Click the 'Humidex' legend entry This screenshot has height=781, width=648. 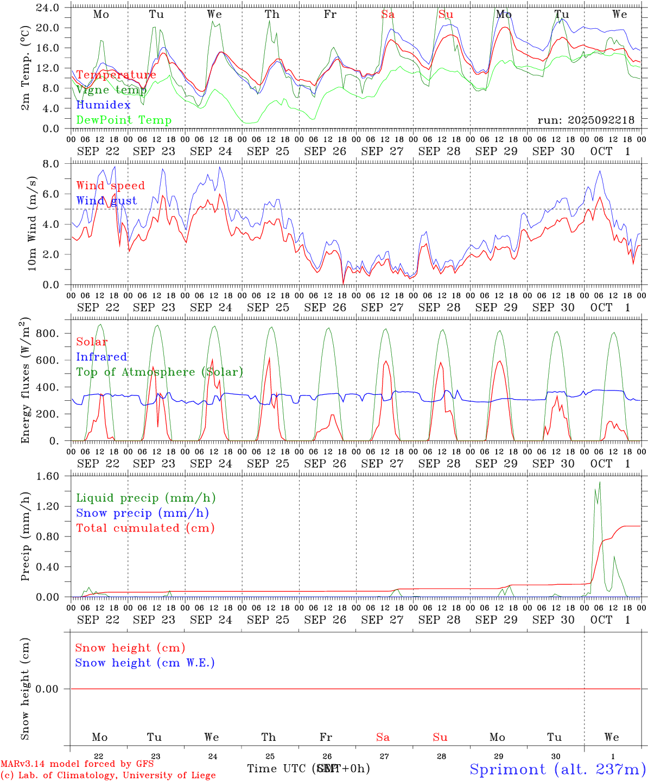point(103,105)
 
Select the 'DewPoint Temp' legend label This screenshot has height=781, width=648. point(124,120)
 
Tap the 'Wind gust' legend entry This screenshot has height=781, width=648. point(106,201)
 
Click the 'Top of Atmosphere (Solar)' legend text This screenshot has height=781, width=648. point(159,372)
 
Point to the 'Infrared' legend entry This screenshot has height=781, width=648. point(101,357)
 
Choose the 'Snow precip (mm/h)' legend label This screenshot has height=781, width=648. point(142,513)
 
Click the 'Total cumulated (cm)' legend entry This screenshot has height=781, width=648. point(145,528)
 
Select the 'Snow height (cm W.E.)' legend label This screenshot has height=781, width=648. point(144,663)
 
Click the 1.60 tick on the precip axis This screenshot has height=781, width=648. point(49,476)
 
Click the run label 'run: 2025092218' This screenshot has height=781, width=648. point(586,120)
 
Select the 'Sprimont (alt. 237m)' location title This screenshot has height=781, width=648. point(557,769)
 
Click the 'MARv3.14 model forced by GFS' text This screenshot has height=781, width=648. point(77,764)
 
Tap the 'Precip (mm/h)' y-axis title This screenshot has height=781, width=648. point(26,537)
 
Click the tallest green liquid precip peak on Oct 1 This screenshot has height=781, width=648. point(600,482)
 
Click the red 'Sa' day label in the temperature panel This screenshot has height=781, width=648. point(387,15)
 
